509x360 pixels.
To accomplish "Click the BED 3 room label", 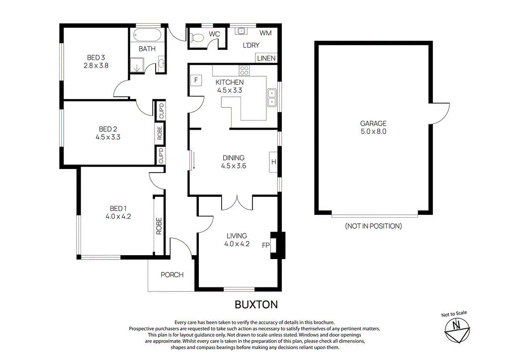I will pyautogui.click(x=96, y=57).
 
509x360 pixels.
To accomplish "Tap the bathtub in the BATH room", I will pyautogui.click(x=148, y=35).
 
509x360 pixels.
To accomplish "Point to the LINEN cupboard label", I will pyautogui.click(x=266, y=58).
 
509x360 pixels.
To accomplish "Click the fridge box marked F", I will pyautogui.click(x=196, y=80).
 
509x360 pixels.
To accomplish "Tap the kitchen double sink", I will pyautogui.click(x=272, y=97).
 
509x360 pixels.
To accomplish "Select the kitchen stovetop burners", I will pyautogui.click(x=244, y=70).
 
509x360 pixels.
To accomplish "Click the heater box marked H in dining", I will pyautogui.click(x=273, y=162).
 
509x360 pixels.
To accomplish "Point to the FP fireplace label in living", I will pyautogui.click(x=265, y=245).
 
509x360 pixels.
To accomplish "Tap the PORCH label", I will pyautogui.click(x=172, y=274).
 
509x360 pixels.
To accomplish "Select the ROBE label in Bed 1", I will pyautogui.click(x=160, y=226).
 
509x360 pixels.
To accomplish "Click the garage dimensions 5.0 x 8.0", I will pyautogui.click(x=374, y=132).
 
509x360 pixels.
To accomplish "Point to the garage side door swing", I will pyautogui.click(x=439, y=113).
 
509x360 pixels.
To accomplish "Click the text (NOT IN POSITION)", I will pyautogui.click(x=373, y=226).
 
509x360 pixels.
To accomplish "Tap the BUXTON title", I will pyautogui.click(x=256, y=304).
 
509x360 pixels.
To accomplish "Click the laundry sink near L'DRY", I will pyautogui.click(x=242, y=31).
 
